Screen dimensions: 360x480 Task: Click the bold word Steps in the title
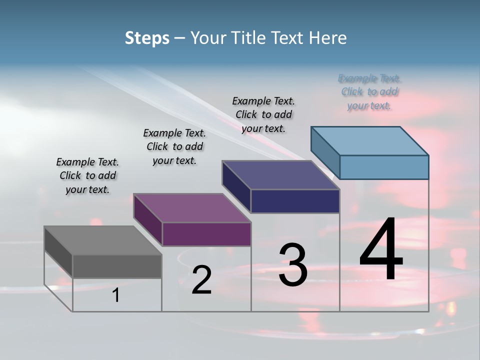point(147,38)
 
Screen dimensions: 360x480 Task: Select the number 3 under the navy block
point(292,264)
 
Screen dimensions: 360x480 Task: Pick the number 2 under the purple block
point(201,280)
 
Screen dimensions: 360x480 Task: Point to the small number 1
point(115,295)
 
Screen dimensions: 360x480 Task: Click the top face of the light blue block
point(370,140)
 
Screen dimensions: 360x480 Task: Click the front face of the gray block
point(117,266)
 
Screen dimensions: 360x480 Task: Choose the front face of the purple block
point(206,234)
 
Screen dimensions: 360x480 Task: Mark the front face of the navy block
point(295,201)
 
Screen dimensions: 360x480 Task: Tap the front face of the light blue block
point(384,167)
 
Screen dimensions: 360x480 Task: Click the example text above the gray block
point(87,176)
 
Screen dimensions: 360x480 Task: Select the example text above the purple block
point(174,146)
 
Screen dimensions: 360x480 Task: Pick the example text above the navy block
point(263,114)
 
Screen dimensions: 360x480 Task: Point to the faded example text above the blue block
point(369,92)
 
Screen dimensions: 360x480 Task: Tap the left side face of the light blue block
point(325,149)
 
